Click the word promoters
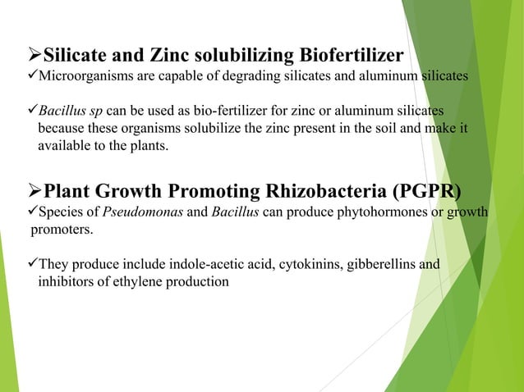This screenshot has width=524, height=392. pos(62,230)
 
